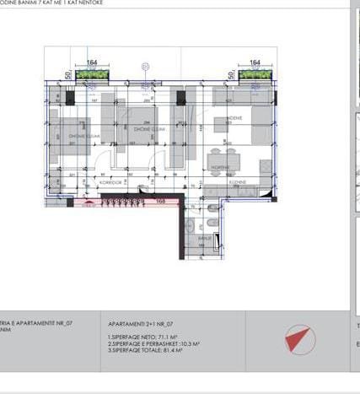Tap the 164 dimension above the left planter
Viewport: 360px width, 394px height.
tap(92, 62)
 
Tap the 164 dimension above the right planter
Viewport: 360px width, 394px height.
tap(255, 62)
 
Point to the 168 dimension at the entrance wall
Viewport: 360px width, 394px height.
tap(160, 202)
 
